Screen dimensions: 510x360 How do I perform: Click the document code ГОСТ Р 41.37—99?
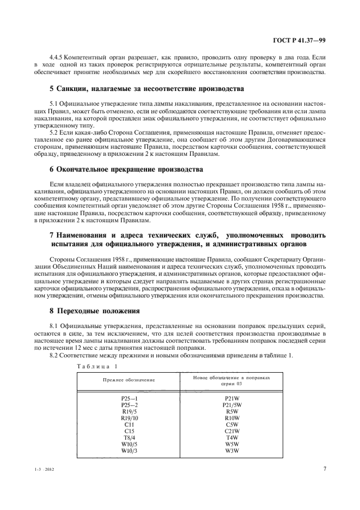click(x=302, y=40)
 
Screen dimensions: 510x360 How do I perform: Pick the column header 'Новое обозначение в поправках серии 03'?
click(x=231, y=379)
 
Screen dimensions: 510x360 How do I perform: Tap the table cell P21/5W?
click(x=231, y=405)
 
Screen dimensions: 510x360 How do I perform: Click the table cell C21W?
click(x=231, y=430)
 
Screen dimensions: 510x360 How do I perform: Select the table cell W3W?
click(x=231, y=450)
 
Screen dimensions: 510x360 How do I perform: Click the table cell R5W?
click(x=231, y=411)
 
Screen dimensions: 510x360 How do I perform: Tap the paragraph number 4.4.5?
click(x=57, y=57)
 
